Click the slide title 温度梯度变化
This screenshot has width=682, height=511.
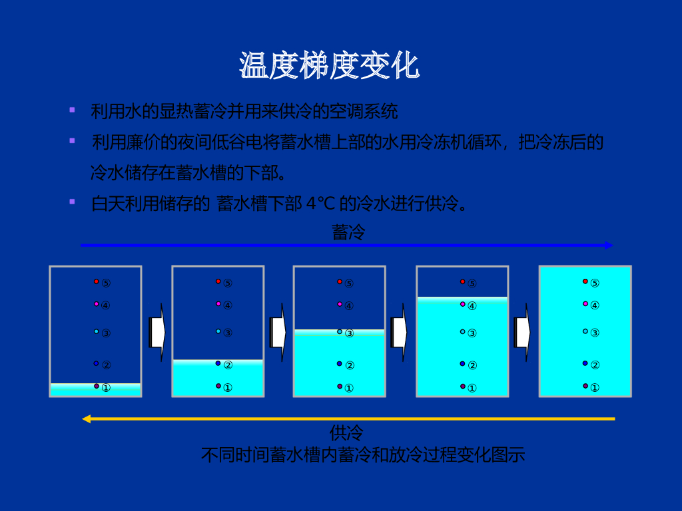click(x=329, y=66)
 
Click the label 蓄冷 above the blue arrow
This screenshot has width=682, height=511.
click(x=348, y=232)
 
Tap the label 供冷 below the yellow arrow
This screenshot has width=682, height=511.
click(x=346, y=433)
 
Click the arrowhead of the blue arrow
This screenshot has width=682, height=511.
click(x=609, y=246)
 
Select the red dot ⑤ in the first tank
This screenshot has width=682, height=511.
click(x=96, y=281)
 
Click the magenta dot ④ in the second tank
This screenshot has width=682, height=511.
click(x=218, y=304)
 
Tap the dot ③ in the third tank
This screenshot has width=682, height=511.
click(x=340, y=331)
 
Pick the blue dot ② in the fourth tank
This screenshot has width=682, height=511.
click(x=462, y=363)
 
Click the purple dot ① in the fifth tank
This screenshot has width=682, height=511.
click(x=585, y=386)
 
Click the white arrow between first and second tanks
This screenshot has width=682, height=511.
click(x=157, y=332)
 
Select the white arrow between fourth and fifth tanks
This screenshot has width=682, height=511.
click(x=522, y=332)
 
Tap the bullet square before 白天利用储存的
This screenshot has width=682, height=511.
click(x=72, y=201)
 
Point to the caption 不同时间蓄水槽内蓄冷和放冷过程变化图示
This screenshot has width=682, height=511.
click(x=363, y=455)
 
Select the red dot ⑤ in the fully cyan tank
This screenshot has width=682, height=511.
click(x=585, y=281)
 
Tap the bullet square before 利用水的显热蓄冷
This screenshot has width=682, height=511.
click(x=72, y=109)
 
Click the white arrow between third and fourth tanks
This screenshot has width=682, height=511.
click(x=399, y=332)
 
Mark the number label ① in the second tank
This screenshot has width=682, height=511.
click(x=228, y=388)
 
